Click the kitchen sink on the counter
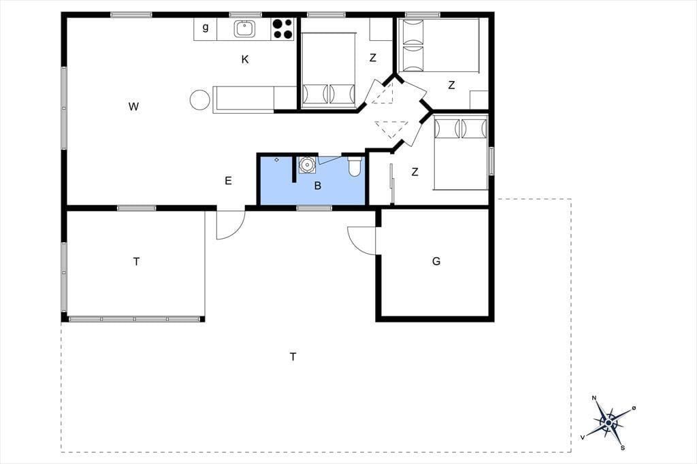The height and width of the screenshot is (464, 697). point(244,29)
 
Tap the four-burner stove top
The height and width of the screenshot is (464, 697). point(282,29)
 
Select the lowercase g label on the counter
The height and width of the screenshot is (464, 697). point(206,27)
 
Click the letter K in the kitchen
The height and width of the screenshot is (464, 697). point(245,59)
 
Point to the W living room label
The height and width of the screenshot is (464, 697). point(133,106)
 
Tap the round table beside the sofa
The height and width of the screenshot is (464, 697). point(199,99)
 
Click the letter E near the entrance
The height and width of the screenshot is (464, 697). point(228,180)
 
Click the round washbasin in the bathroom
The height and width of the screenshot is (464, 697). point(306,165)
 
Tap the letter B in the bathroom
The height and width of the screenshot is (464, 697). point(317,185)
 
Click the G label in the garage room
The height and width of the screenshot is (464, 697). point(436,261)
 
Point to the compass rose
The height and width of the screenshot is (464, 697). point(609,422)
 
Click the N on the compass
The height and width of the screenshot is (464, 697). point(594,398)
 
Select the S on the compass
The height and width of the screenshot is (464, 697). point(623,447)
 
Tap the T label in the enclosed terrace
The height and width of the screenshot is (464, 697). point(136,261)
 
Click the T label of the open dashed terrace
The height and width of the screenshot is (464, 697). point(293,357)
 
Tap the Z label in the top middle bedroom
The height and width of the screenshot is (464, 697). point(372,57)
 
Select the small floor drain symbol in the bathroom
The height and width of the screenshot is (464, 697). point(276,160)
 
